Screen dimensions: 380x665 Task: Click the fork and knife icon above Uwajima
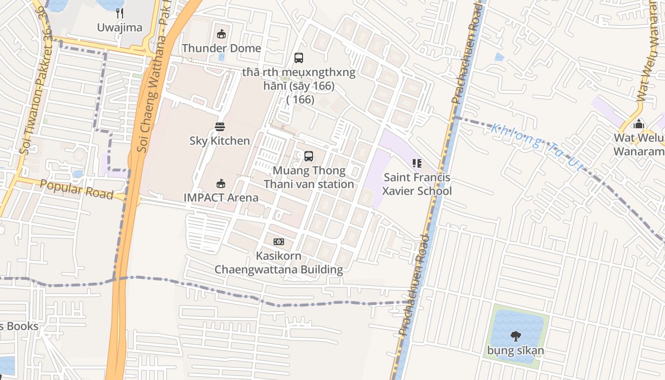point(120,13)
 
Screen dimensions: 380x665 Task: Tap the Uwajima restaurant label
point(120,28)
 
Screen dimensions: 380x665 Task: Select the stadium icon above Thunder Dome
point(221,34)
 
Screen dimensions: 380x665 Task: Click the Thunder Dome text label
point(221,48)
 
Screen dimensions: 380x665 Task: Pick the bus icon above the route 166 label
point(299,58)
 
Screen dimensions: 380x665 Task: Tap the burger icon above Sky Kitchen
point(219,127)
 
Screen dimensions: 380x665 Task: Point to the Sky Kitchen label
point(219,141)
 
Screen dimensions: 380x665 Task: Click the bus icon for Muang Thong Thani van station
point(309,156)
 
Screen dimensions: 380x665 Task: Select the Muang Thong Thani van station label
point(309,177)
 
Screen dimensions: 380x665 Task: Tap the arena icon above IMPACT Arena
point(221,183)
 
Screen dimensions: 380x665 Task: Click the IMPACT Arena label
point(221,198)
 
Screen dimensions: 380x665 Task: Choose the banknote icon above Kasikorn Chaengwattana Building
point(279,242)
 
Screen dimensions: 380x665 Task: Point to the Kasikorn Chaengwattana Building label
point(279,263)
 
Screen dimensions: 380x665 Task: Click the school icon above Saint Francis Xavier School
point(417,164)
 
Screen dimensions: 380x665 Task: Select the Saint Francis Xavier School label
point(417,184)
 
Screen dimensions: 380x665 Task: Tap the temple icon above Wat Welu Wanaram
point(639,124)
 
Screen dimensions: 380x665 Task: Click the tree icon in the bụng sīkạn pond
point(515,337)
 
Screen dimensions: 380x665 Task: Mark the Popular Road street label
point(76,189)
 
